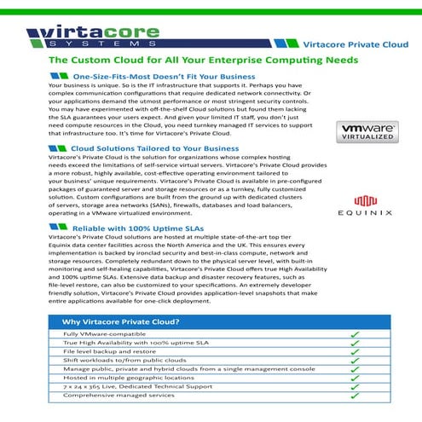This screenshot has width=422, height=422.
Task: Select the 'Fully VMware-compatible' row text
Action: pos(94,334)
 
